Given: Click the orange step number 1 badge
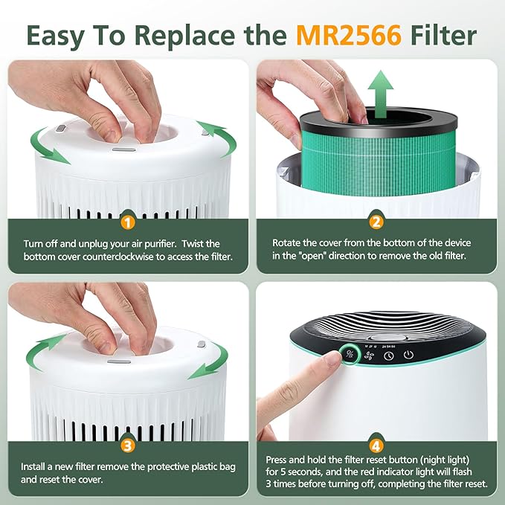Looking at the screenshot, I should click(127, 222).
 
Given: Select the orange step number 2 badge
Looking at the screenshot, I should click(376, 222).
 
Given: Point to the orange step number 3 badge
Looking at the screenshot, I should click(127, 446).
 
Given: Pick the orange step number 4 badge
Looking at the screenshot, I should click(376, 446).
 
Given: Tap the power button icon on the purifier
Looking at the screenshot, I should click(408, 355).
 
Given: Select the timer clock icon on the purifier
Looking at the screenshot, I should click(389, 355).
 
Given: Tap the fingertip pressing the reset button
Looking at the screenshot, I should click(331, 361).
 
